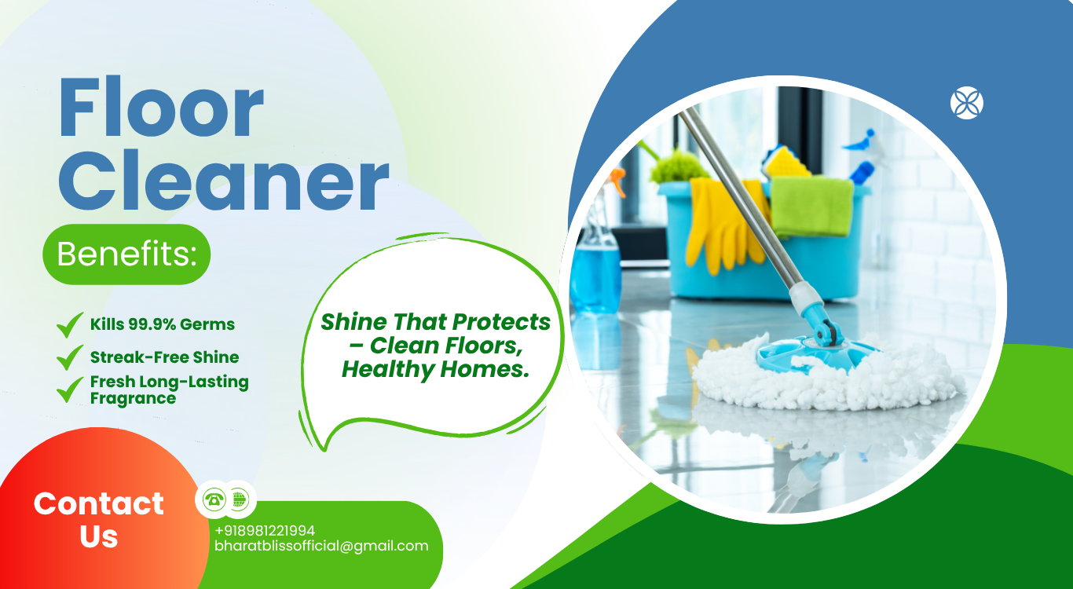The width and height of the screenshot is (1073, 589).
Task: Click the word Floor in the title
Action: pyautogui.click(x=161, y=107)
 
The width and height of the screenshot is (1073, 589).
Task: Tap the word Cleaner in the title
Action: pyautogui.click(x=223, y=180)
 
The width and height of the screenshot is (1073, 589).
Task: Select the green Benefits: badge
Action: pyautogui.click(x=126, y=254)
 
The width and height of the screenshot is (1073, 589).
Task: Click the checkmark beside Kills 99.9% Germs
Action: pyautogui.click(x=70, y=325)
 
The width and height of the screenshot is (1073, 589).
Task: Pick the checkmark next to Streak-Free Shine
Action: pyautogui.click(x=70, y=357)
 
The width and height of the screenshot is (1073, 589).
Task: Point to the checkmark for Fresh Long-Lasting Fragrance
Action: pyautogui.click(x=70, y=390)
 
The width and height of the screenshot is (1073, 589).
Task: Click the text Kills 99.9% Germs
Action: pyautogui.click(x=163, y=324)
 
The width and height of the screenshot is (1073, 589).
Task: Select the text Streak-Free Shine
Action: pyautogui.click(x=164, y=357)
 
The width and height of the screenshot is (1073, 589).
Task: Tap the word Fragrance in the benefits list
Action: pyautogui.click(x=134, y=398)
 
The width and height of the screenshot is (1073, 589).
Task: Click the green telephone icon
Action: pyautogui.click(x=214, y=499)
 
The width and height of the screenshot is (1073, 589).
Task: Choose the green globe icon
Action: pyautogui.click(x=239, y=499)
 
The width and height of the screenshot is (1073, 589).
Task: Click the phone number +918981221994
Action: pyautogui.click(x=265, y=531)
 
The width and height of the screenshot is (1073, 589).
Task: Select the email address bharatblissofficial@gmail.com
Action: pyautogui.click(x=321, y=546)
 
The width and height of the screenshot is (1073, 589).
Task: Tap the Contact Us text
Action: pyautogui.click(x=99, y=520)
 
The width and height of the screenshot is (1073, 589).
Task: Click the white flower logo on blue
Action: pyautogui.click(x=967, y=103)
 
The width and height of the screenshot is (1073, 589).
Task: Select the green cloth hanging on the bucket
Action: pyautogui.click(x=811, y=206)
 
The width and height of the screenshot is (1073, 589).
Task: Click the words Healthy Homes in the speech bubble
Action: pyautogui.click(x=435, y=370)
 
